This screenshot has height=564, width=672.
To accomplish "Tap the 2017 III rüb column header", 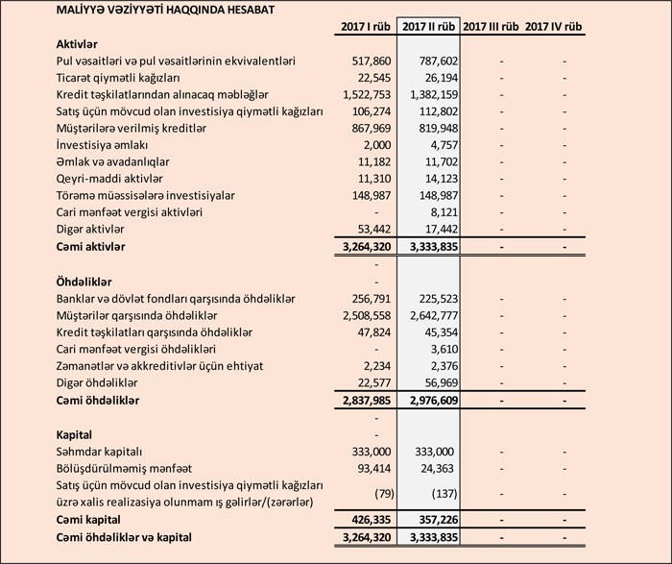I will pyautogui.click(x=491, y=26).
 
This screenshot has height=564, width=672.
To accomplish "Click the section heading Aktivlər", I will pyautogui.click(x=80, y=44).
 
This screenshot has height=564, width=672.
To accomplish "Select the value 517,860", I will pyautogui.click(x=364, y=61).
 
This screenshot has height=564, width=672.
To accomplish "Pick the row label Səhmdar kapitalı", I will pyautogui.click(x=100, y=451).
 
